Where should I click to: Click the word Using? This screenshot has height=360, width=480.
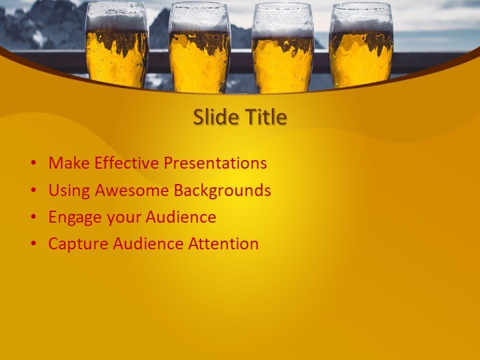pyautogui.click(x=69, y=191)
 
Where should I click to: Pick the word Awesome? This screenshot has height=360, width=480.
pyautogui.click(x=132, y=191)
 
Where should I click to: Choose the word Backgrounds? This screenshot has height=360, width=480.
pyautogui.click(x=222, y=191)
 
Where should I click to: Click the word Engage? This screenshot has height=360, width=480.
pyautogui.click(x=72, y=218)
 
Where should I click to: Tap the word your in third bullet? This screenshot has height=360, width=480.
pyautogui.click(x=121, y=218)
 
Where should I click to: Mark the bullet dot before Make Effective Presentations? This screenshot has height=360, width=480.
pyautogui.click(x=33, y=164)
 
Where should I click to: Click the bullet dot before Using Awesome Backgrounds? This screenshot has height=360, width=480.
pyautogui.click(x=33, y=191)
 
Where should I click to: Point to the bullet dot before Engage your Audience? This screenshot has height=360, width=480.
pyautogui.click(x=33, y=218)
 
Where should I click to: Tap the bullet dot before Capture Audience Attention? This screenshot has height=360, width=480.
pyautogui.click(x=33, y=245)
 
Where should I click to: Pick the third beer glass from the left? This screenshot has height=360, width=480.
pyautogui.click(x=283, y=48)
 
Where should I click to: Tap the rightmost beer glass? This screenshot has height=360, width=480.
pyautogui.click(x=361, y=45)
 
